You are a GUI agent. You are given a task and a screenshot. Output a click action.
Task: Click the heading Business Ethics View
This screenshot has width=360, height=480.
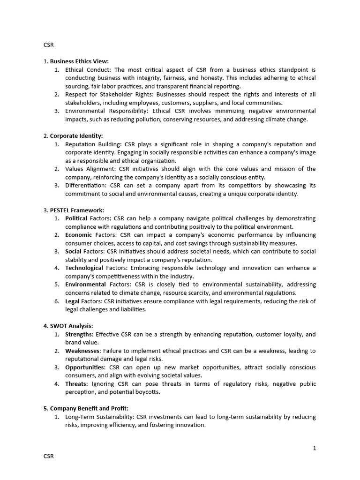[79, 61]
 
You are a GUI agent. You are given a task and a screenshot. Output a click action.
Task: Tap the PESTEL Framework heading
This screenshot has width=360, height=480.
[77, 210]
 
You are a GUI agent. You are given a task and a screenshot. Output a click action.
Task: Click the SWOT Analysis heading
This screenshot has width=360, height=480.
[72, 326]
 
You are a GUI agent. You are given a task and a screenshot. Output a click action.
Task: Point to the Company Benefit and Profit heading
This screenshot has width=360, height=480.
[89, 408]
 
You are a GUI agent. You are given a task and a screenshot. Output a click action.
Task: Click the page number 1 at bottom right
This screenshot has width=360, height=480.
[315, 448]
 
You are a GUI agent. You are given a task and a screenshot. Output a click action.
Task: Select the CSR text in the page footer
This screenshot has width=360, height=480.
[49, 456]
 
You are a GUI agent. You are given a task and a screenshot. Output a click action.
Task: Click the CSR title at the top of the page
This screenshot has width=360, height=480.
[49, 45]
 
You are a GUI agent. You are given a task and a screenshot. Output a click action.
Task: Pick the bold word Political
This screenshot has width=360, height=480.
[76, 218]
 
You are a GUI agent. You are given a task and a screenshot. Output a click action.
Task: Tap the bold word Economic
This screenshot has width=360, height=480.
[78, 235]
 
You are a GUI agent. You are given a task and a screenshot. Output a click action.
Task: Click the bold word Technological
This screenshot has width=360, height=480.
[84, 268]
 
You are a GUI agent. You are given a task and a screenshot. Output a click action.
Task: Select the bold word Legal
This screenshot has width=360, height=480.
[72, 301]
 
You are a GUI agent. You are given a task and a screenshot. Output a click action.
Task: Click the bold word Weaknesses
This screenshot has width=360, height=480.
[82, 351]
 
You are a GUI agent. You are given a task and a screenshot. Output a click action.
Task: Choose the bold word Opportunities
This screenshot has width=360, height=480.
[85, 367]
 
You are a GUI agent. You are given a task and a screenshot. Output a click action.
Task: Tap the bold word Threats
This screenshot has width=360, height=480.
[76, 384]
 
